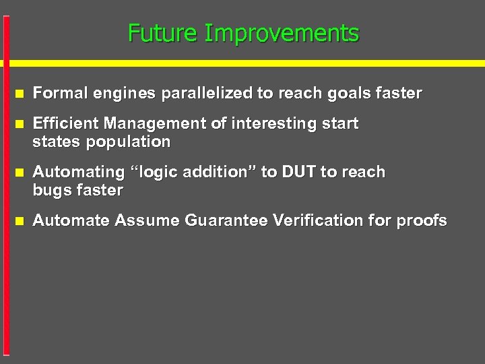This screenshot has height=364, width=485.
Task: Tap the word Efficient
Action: [65, 124]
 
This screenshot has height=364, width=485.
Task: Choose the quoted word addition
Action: [218, 173]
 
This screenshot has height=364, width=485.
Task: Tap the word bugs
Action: [52, 191]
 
